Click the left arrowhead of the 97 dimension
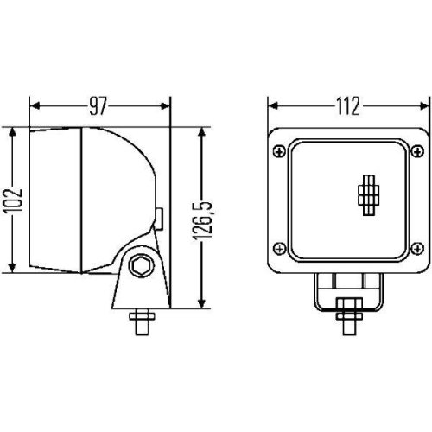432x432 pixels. pos(35,106)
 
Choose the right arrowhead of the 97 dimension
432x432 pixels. pos(167,106)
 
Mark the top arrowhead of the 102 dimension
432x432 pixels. pos(12,133)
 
